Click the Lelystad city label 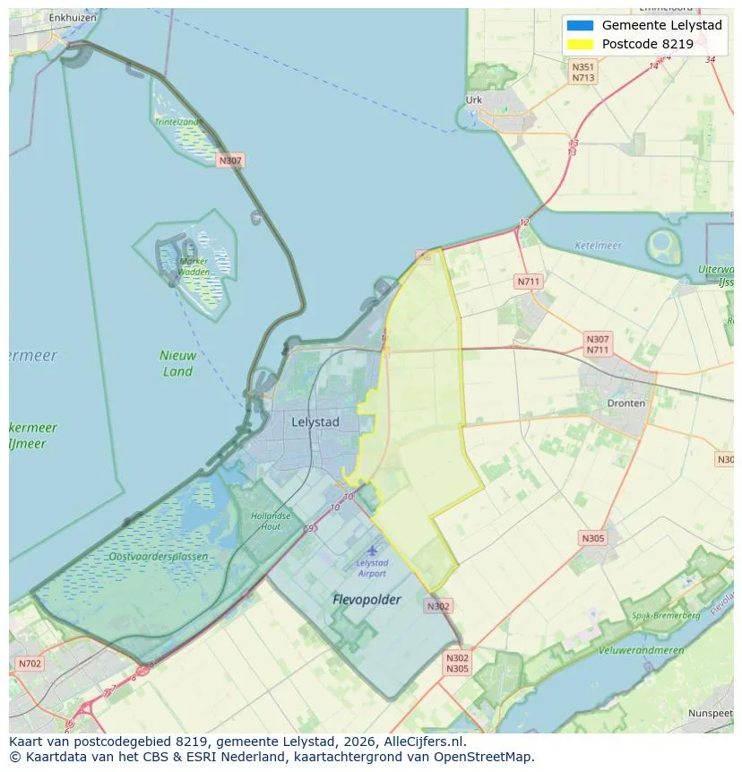pyautogui.click(x=315, y=421)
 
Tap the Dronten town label pyautogui.click(x=626, y=403)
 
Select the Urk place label pyautogui.click(x=474, y=100)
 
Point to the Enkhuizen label pyautogui.click(x=73, y=17)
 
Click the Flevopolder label pyautogui.click(x=367, y=599)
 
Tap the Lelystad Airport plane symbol pyautogui.click(x=372, y=551)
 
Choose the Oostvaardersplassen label pyautogui.click(x=159, y=557)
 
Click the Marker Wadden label pyautogui.click(x=194, y=266)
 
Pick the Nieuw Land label pyautogui.click(x=177, y=363)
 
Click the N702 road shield pyautogui.click(x=30, y=664)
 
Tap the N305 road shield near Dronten pyautogui.click(x=592, y=538)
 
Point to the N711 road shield pyautogui.click(x=529, y=282)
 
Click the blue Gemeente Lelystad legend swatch pyautogui.click(x=580, y=25)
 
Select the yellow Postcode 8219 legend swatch pyautogui.click(x=580, y=44)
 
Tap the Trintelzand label pyautogui.click(x=177, y=122)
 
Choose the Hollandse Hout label pyautogui.click(x=271, y=521)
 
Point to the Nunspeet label pyautogui.click(x=710, y=713)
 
